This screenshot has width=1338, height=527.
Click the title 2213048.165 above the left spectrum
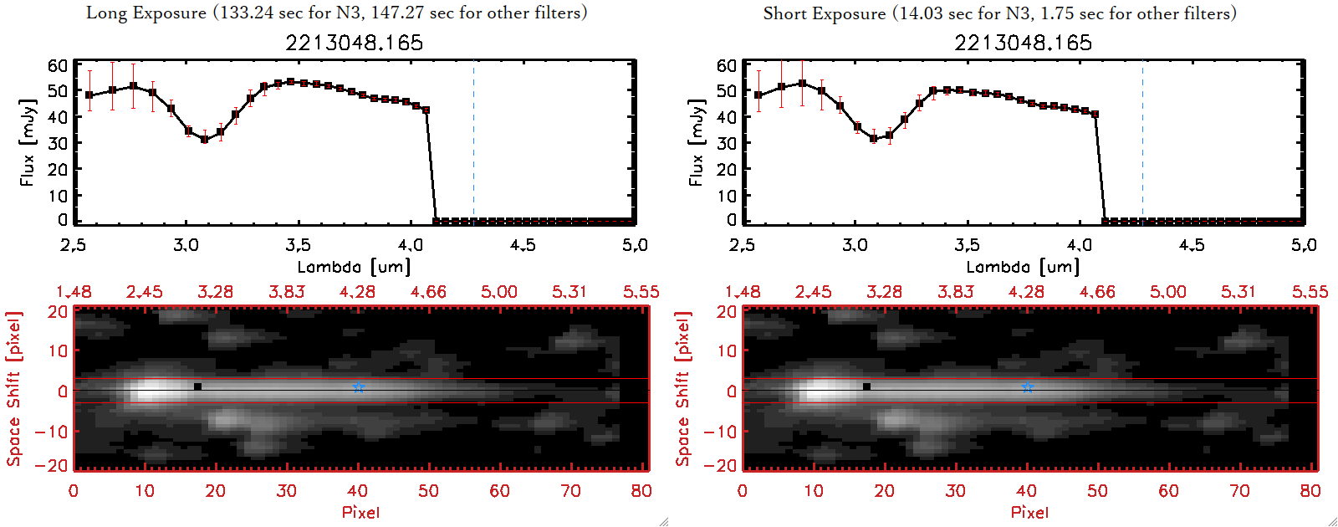pyautogui.click(x=355, y=43)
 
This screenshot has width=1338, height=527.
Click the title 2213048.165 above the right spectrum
pyautogui.click(x=1024, y=43)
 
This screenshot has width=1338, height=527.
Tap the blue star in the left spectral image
pyautogui.click(x=358, y=387)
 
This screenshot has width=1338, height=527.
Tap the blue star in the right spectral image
pyautogui.click(x=1027, y=387)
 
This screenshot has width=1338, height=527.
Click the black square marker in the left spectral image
pyautogui.click(x=197, y=386)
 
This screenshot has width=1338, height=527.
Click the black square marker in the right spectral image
pyautogui.click(x=866, y=386)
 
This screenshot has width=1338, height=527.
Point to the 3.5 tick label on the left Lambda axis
pyautogui.click(x=298, y=245)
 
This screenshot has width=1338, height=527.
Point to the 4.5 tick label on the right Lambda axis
pyautogui.click(x=1192, y=245)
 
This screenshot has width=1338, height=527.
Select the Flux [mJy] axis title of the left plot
pyautogui.click(x=28, y=143)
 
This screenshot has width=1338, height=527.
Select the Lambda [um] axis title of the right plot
pyautogui.click(x=1023, y=267)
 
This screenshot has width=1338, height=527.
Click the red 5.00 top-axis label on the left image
pyautogui.click(x=498, y=292)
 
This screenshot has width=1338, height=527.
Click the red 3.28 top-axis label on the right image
pyautogui.click(x=884, y=292)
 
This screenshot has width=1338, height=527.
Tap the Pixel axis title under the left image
pyautogui.click(x=360, y=512)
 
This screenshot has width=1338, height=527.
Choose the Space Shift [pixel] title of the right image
pyautogui.click(x=683, y=389)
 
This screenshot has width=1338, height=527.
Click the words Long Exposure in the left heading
pyautogui.click(x=146, y=13)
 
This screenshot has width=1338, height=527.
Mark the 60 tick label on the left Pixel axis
pyautogui.click(x=499, y=491)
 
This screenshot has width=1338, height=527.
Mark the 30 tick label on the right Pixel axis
pyautogui.click(x=955, y=491)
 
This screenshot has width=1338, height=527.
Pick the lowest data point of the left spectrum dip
pyautogui.click(x=204, y=140)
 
